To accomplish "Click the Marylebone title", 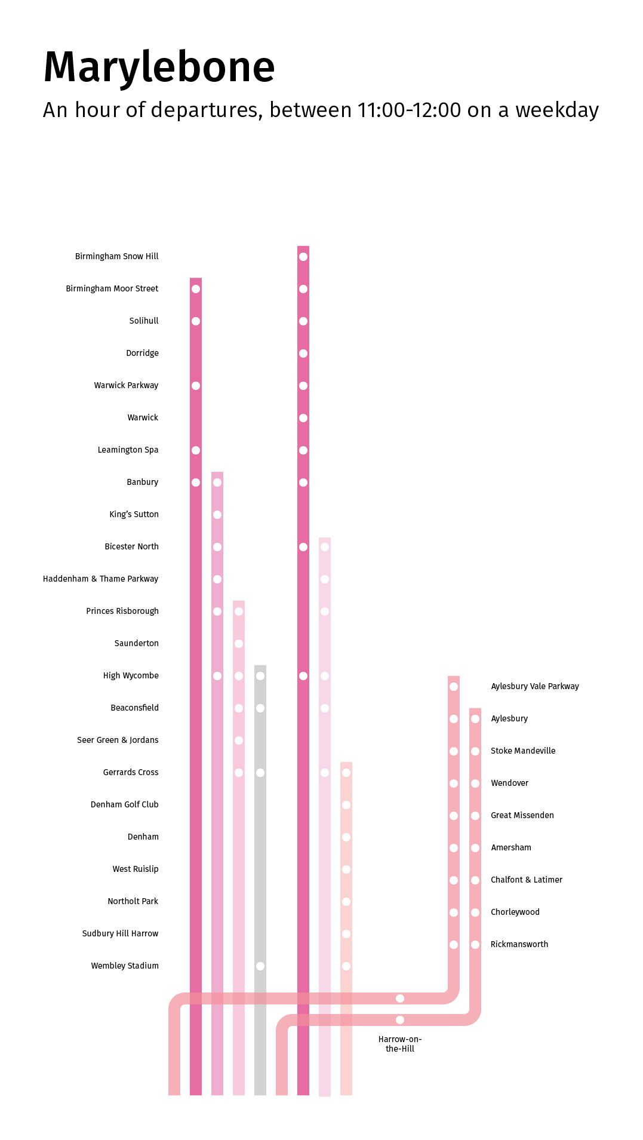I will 159,67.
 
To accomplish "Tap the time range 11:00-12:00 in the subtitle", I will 409,110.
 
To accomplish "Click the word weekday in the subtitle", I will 556,110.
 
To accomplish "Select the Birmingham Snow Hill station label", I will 116,256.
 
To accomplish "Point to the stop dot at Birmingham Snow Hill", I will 303,257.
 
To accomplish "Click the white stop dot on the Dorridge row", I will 303,354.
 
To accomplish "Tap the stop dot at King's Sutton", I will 217,515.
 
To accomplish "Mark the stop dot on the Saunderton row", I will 239,644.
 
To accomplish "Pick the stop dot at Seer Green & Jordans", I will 239,740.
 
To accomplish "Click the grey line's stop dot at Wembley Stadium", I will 260,966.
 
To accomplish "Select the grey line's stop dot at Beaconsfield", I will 260,708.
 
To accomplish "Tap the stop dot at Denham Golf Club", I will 346,805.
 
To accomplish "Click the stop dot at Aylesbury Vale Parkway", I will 454,687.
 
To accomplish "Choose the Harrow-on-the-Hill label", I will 400,1044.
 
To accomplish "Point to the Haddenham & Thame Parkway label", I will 100,579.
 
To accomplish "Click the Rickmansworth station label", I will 519,944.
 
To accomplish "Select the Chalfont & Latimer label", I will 526,880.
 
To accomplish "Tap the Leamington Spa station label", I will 128,450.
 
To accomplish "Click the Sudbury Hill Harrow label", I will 120,933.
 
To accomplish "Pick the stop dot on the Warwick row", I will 303,418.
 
